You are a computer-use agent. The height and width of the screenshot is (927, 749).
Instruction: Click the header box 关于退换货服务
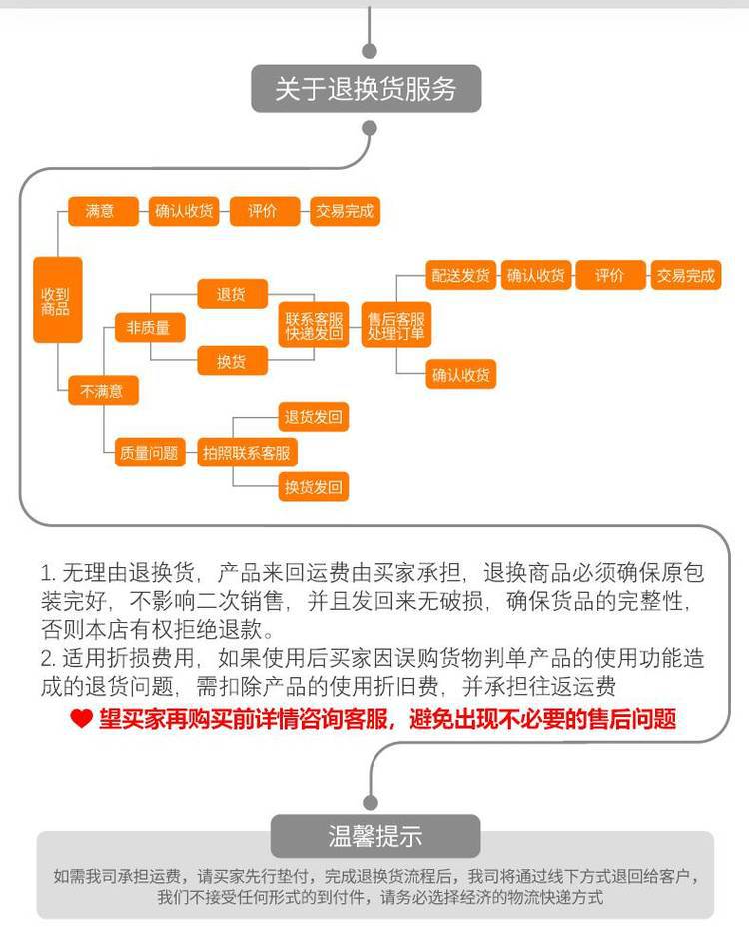pyautogui.click(x=366, y=89)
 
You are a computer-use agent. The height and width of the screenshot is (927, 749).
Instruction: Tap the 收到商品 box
pyautogui.click(x=57, y=300)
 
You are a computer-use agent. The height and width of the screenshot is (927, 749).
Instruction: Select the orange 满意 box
pyautogui.click(x=103, y=211)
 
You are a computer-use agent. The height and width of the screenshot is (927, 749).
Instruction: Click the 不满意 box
pyautogui.click(x=103, y=391)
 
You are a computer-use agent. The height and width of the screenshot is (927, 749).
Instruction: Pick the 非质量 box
pyautogui.click(x=150, y=327)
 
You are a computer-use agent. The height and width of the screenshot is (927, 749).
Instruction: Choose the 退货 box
pyautogui.click(x=233, y=294)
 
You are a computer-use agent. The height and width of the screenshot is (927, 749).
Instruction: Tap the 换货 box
pyautogui.click(x=233, y=360)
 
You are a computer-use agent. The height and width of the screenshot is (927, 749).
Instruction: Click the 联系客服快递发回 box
pyautogui.click(x=314, y=325)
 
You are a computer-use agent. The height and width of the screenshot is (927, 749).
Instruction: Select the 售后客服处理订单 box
pyautogui.click(x=396, y=325)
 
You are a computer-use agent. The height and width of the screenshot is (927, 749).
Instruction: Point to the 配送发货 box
pyautogui.click(x=460, y=275)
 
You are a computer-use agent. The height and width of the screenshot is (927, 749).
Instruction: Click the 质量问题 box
pyautogui.click(x=150, y=453)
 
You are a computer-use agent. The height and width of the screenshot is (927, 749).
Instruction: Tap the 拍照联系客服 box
pyautogui.click(x=247, y=453)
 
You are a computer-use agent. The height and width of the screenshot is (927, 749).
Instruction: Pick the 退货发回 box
pyautogui.click(x=314, y=417)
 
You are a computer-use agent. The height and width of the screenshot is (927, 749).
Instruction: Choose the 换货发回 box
pyautogui.click(x=314, y=487)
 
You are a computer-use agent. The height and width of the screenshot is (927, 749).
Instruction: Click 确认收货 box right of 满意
pyautogui.click(x=184, y=211)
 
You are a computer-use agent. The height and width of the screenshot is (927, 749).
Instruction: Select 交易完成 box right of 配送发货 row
pyautogui.click(x=686, y=275)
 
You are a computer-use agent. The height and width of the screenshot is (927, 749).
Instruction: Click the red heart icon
pyautogui.click(x=81, y=719)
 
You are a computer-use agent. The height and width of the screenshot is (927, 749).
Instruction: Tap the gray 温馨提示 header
pyautogui.click(x=375, y=836)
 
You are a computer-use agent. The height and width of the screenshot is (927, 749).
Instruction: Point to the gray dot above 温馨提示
pyautogui.click(x=371, y=803)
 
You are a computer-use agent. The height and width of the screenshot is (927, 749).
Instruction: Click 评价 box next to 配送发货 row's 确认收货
pyautogui.click(x=610, y=275)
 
